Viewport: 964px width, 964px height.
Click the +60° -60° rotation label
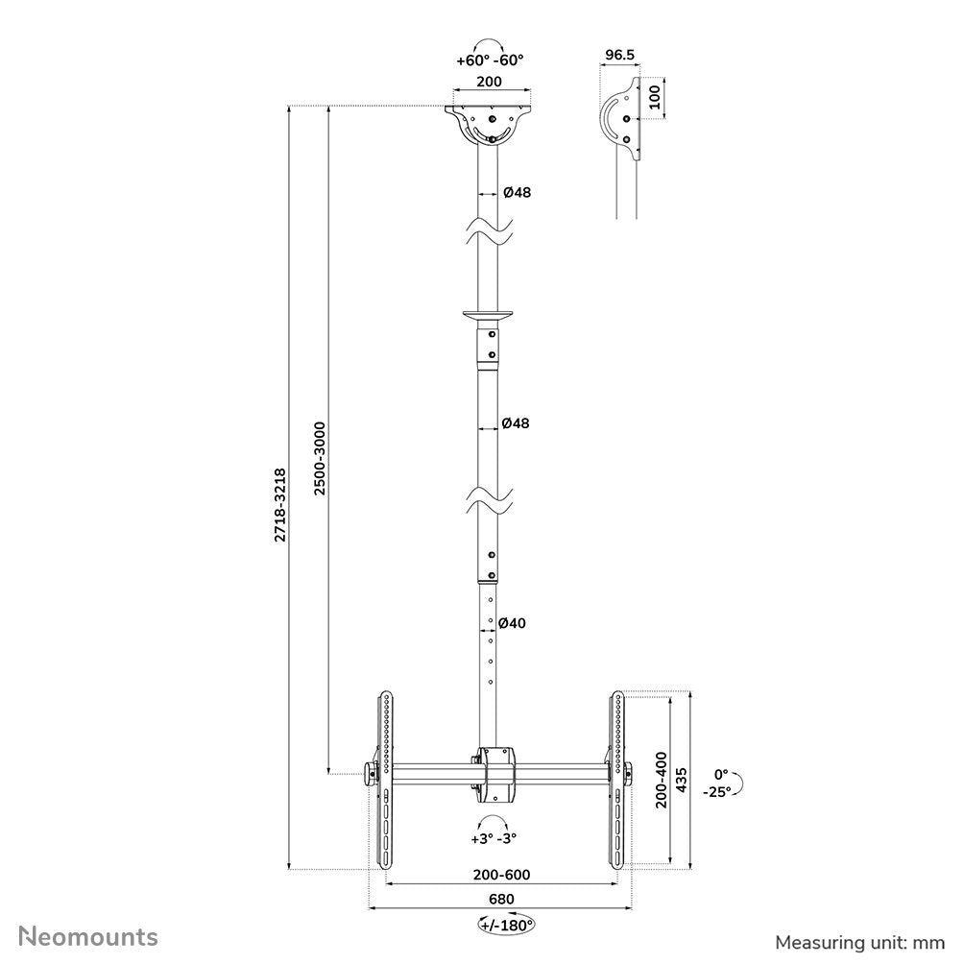tap(491, 60)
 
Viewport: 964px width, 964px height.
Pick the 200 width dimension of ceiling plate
tap(490, 83)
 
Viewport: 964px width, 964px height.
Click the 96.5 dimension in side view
tap(619, 56)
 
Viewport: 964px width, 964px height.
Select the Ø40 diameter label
tap(515, 623)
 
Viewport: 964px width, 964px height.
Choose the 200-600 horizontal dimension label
tap(500, 875)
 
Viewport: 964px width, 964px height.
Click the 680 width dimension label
tap(500, 899)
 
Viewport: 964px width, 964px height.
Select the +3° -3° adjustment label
tap(494, 837)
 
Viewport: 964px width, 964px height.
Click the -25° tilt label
tap(715, 791)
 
